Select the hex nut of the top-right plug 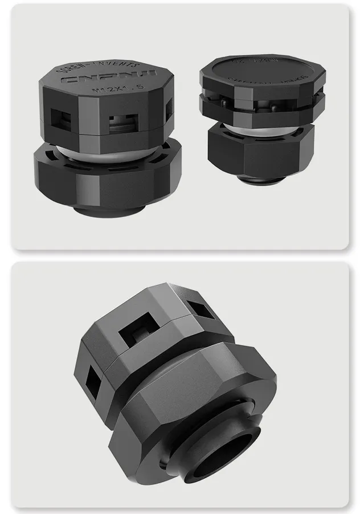click(259, 151)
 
